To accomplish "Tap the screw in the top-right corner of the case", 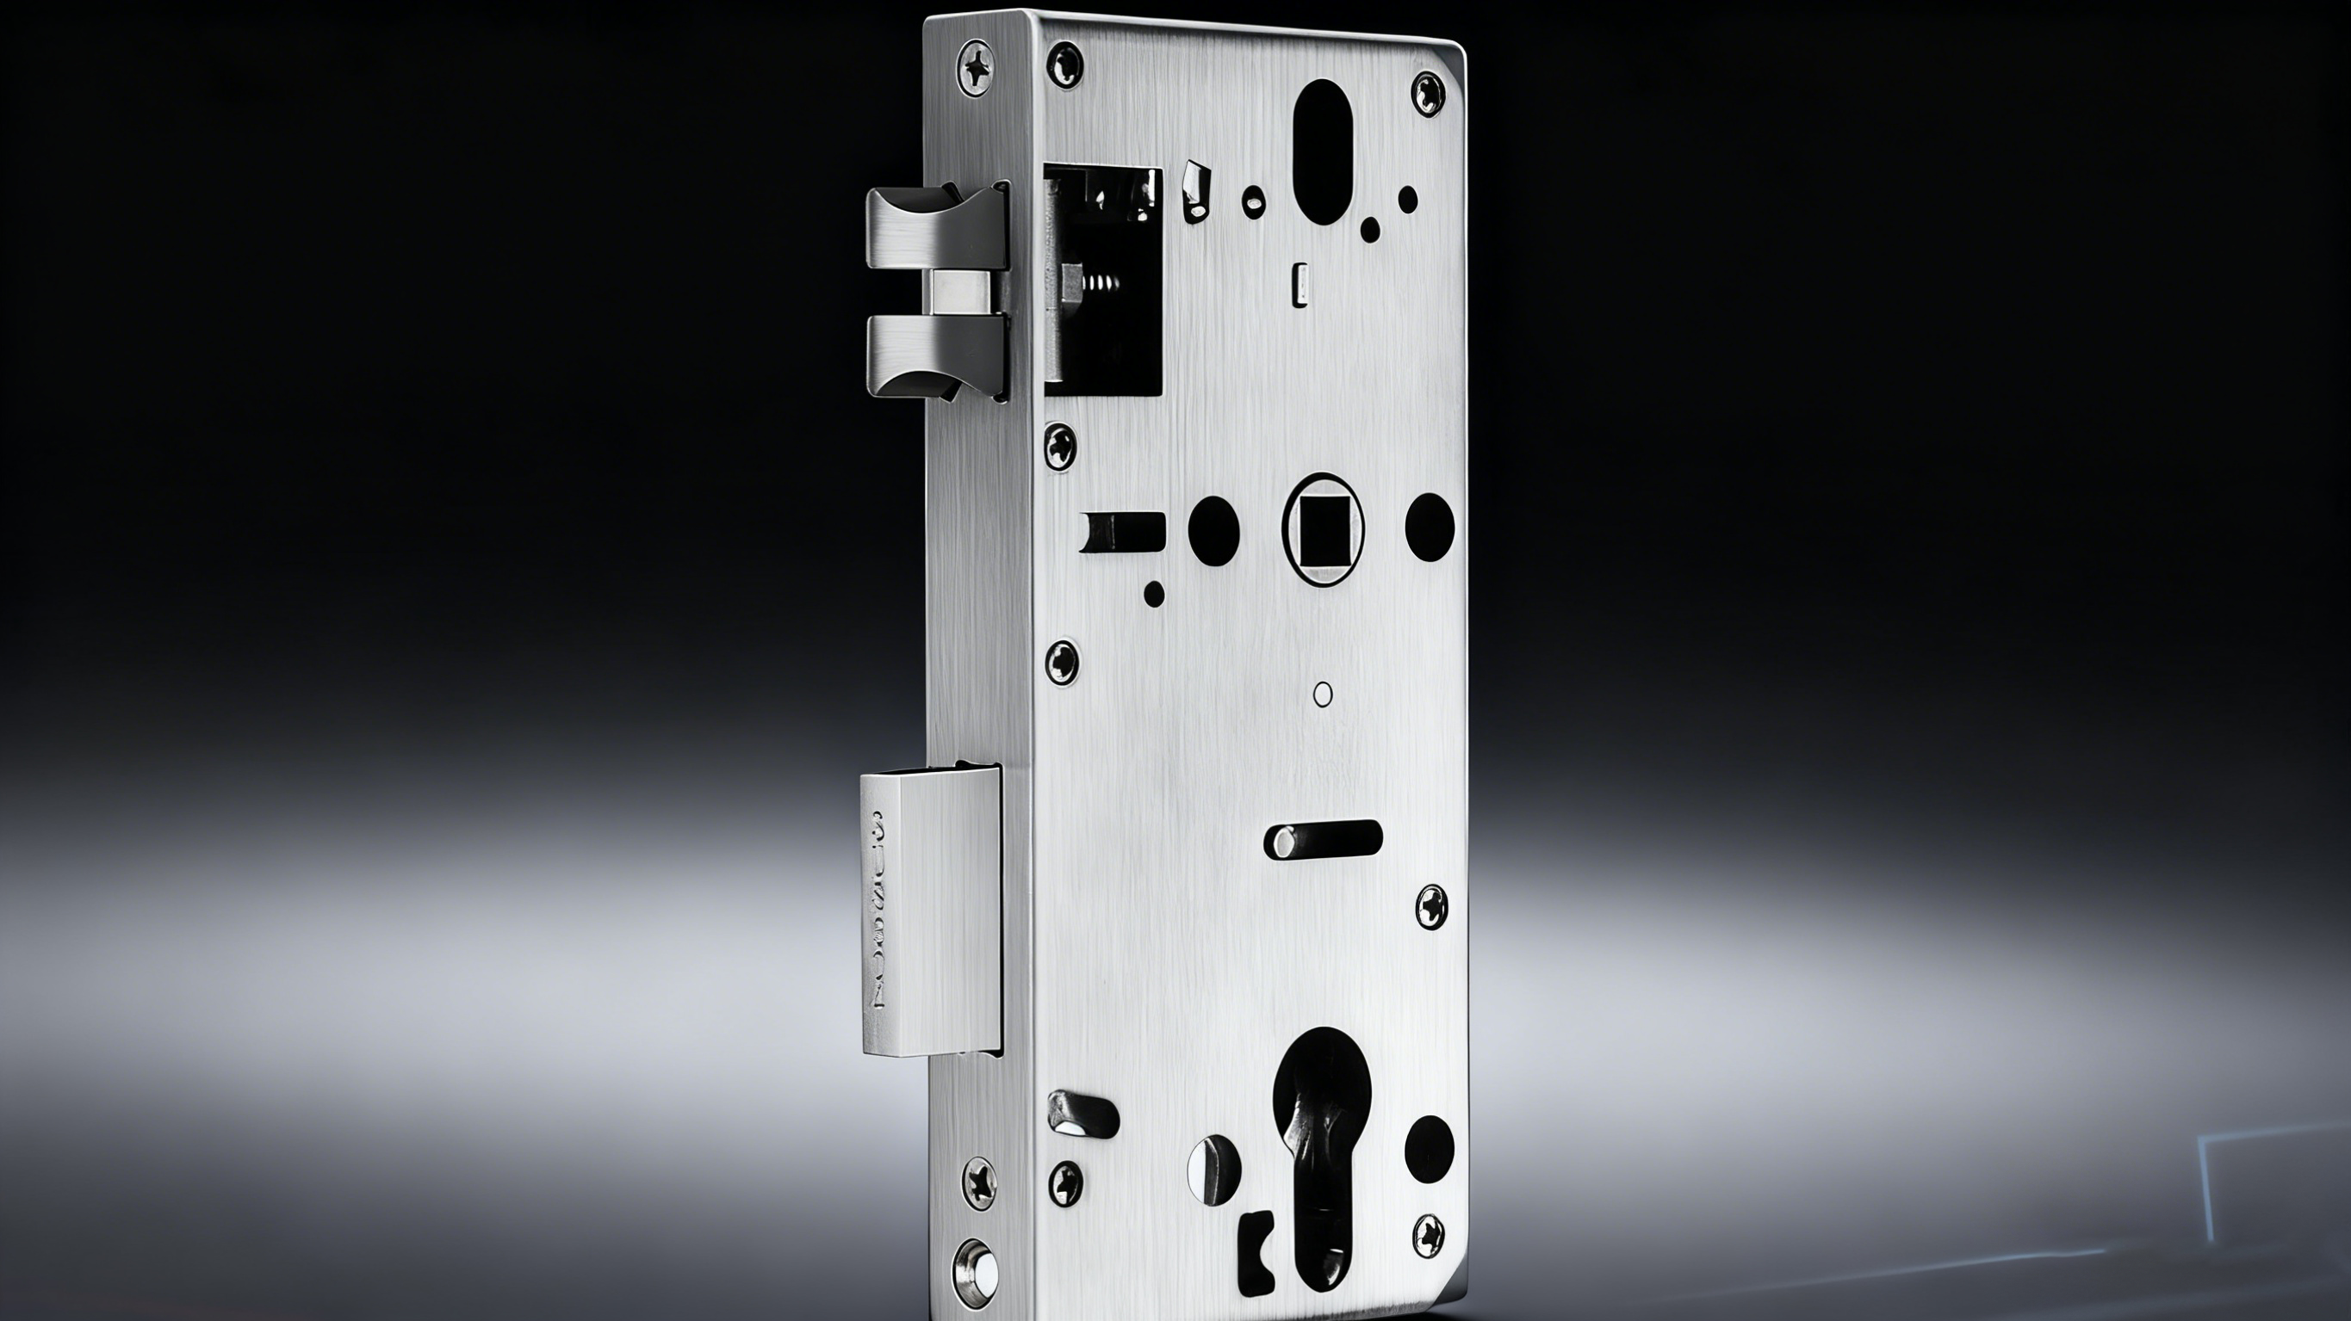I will [1429, 93].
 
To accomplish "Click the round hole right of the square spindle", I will [1429, 528].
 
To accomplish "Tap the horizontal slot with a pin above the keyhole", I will [1324, 837].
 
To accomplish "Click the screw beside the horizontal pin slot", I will [1430, 907].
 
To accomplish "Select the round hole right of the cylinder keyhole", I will [1429, 1145].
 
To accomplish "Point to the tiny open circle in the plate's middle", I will [1323, 694].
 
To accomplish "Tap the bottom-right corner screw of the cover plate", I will [1429, 1234].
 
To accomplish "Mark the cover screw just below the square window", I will [1060, 446].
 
